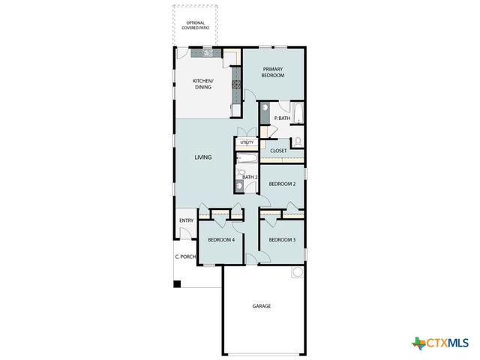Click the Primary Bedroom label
click(273, 72)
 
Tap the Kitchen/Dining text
click(202, 84)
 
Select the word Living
click(202, 157)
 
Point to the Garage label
click(261, 306)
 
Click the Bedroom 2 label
click(282, 184)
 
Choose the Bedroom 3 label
click(282, 239)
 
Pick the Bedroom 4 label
click(221, 239)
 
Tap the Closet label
click(278, 150)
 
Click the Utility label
click(247, 142)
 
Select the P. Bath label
click(282, 118)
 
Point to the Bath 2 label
click(250, 177)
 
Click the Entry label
click(186, 220)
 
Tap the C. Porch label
click(185, 256)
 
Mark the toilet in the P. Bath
click(297, 140)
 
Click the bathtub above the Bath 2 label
click(247, 158)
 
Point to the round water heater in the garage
click(298, 271)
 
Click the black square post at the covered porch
click(177, 283)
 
